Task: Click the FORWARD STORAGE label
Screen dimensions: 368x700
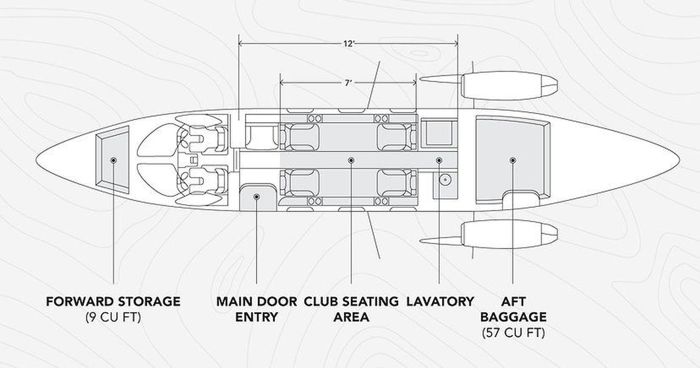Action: (x=113, y=301)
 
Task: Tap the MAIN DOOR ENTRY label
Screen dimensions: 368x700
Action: (x=256, y=308)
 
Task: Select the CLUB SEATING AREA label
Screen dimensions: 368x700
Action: (x=351, y=308)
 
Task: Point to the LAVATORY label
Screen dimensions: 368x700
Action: (x=440, y=301)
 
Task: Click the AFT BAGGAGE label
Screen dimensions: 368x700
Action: (x=513, y=308)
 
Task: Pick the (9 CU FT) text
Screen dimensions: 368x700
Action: (x=113, y=317)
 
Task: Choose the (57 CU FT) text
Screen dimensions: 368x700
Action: (x=513, y=333)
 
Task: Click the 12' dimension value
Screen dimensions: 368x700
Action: (x=349, y=44)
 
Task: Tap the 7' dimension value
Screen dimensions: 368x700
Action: (x=348, y=82)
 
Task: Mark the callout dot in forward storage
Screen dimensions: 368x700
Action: (x=113, y=160)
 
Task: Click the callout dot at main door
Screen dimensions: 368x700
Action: (x=256, y=196)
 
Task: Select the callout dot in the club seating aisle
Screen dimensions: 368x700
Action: (x=351, y=160)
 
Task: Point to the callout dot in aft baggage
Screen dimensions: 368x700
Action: (x=513, y=160)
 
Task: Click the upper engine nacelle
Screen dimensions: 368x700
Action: (x=509, y=86)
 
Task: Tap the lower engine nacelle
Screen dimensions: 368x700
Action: (x=509, y=234)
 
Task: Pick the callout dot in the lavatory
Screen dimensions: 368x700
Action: (x=439, y=160)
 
